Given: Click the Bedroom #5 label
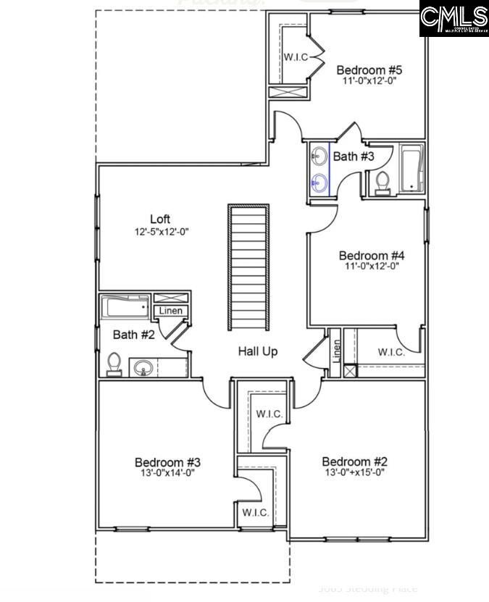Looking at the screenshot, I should (x=369, y=70).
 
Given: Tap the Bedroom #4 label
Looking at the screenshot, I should (x=372, y=255).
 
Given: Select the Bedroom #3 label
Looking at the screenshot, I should (x=167, y=462).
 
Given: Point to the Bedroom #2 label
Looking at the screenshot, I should (x=355, y=462).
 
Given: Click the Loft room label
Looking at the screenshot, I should (x=161, y=219).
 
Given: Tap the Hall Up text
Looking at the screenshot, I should (x=258, y=351).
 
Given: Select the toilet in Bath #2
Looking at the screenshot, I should (x=114, y=364).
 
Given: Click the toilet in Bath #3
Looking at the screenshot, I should (x=383, y=183).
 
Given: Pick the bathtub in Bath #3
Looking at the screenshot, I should (x=411, y=169).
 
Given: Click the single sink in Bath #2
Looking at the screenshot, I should (x=143, y=367).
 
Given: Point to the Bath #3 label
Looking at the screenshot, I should (x=354, y=156).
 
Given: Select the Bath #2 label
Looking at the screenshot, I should (x=134, y=335).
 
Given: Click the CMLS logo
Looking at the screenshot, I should (x=454, y=19).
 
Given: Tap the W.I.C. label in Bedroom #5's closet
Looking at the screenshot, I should (x=296, y=56).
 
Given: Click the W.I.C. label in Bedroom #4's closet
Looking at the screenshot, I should (x=391, y=352).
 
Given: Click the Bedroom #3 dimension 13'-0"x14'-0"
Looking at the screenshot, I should (x=167, y=473).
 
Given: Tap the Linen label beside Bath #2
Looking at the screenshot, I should (x=171, y=311).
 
